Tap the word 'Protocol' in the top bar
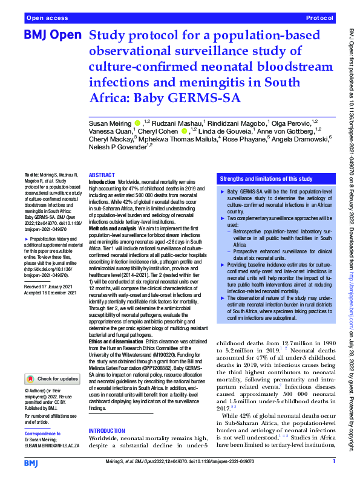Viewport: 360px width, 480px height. tap(319, 19)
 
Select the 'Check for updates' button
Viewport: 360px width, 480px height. tap(51, 379)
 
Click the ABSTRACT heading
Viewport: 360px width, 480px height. tap(101, 174)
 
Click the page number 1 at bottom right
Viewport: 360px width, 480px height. tap(333, 462)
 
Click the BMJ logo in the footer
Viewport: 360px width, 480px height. tap(30, 462)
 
